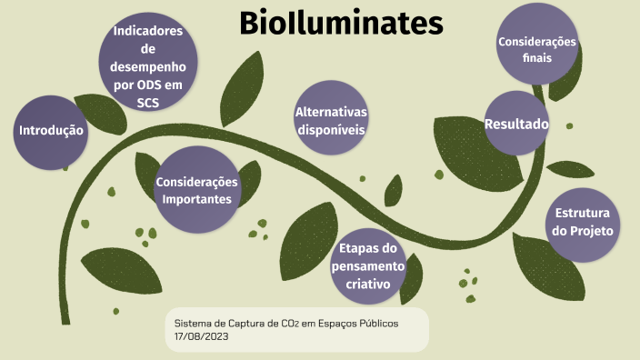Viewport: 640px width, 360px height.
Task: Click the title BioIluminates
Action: (x=341, y=25)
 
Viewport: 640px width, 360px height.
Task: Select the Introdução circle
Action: (x=50, y=132)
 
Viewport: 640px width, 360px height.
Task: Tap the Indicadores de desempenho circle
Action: (x=147, y=62)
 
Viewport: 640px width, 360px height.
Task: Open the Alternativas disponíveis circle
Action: (x=331, y=120)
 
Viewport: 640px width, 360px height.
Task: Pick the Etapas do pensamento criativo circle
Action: (x=367, y=265)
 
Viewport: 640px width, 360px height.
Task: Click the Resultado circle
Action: (x=516, y=123)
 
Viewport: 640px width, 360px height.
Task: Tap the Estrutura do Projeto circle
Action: (x=583, y=222)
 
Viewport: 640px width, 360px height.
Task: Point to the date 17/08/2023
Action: (x=201, y=336)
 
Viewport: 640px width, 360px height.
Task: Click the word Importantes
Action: (x=196, y=198)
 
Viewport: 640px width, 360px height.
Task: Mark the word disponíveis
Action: (x=331, y=129)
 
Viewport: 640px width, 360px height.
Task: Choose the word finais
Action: (x=537, y=58)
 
